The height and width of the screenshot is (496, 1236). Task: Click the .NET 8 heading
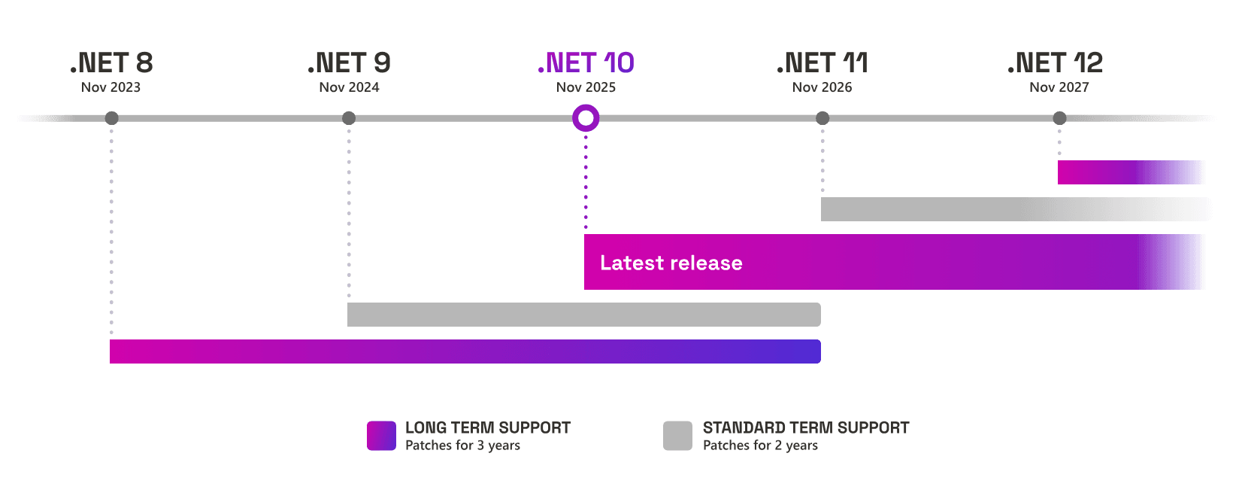[112, 62]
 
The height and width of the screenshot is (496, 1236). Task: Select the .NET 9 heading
[350, 62]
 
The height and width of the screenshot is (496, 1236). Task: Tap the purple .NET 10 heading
[586, 62]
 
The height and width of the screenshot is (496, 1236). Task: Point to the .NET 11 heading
[822, 62]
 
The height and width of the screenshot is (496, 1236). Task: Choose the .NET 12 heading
[1056, 62]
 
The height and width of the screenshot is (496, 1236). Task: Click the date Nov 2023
[111, 87]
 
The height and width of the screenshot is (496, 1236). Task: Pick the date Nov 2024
[349, 87]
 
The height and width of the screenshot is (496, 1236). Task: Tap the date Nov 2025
[586, 87]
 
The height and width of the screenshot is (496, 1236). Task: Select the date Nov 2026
[822, 87]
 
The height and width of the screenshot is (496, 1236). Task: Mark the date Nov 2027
[1059, 87]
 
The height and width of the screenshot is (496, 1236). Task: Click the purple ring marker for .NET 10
[586, 118]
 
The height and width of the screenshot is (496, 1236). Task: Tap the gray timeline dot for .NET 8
[111, 118]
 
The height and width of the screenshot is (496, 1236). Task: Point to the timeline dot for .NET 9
[349, 118]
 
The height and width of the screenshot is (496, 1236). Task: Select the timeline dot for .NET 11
[822, 118]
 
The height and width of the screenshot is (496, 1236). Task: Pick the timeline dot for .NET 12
[1059, 118]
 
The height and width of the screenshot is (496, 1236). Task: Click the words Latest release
[671, 263]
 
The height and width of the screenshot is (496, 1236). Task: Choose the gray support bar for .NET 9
[583, 315]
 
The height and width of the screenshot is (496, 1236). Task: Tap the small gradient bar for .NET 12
[1130, 172]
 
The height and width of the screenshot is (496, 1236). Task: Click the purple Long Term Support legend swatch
[381, 436]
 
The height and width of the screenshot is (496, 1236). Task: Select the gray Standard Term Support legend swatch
[677, 436]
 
